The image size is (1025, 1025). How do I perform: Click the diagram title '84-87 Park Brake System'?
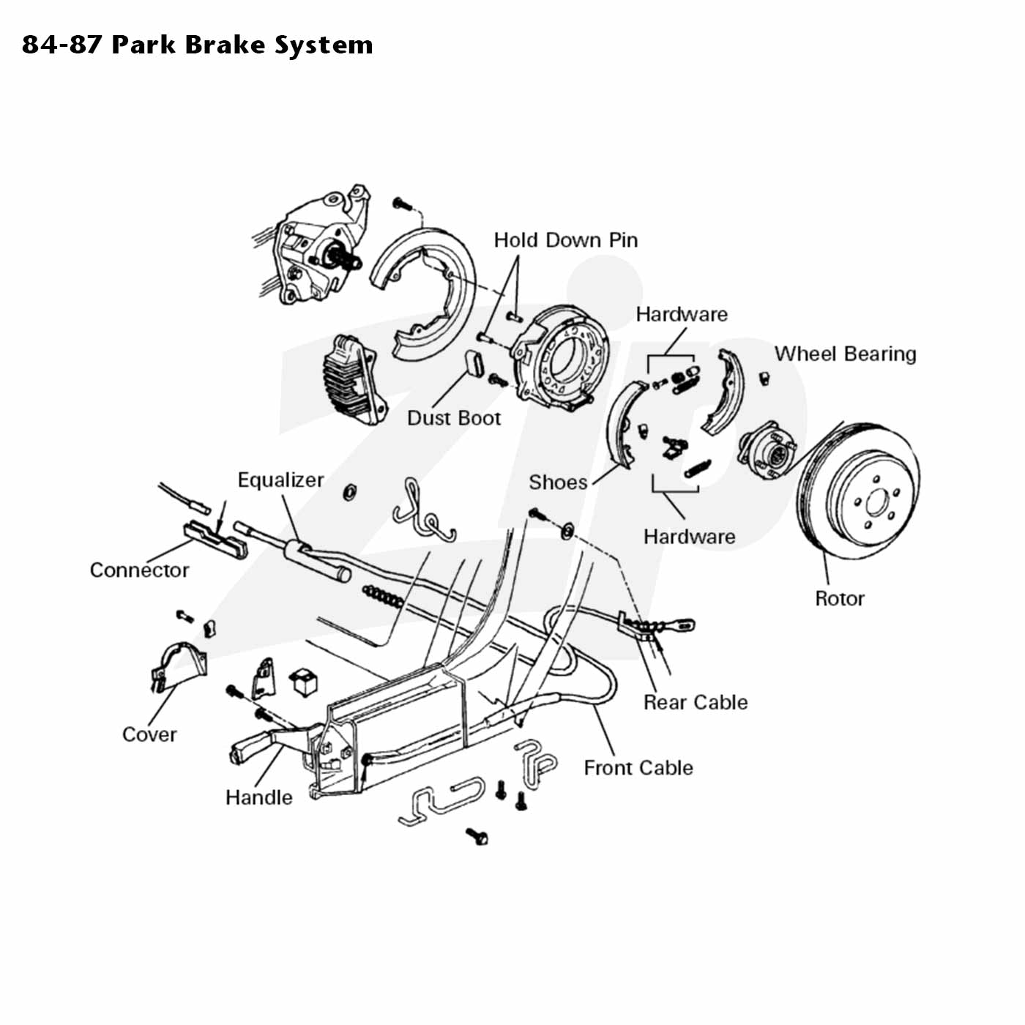(x=198, y=45)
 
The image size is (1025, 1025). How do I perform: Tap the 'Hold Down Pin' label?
(x=565, y=240)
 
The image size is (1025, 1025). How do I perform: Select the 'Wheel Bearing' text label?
(x=845, y=354)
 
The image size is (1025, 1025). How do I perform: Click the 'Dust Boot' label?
(x=454, y=418)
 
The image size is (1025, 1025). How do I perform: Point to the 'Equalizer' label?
(x=280, y=480)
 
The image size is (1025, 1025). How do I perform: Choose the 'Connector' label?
(x=139, y=570)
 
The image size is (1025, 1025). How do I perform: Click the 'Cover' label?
(x=149, y=734)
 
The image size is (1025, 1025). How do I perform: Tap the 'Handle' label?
(x=259, y=797)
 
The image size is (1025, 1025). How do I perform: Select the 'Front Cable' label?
(x=638, y=767)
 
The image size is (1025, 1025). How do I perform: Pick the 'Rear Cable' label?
(x=696, y=702)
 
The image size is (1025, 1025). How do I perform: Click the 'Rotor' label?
(x=840, y=598)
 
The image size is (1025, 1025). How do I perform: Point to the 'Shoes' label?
(x=558, y=482)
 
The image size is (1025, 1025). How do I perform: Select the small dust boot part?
(x=474, y=364)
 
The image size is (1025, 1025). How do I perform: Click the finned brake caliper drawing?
(x=354, y=379)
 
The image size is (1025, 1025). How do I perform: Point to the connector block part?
(x=215, y=539)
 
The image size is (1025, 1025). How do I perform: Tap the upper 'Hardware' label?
(x=682, y=314)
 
